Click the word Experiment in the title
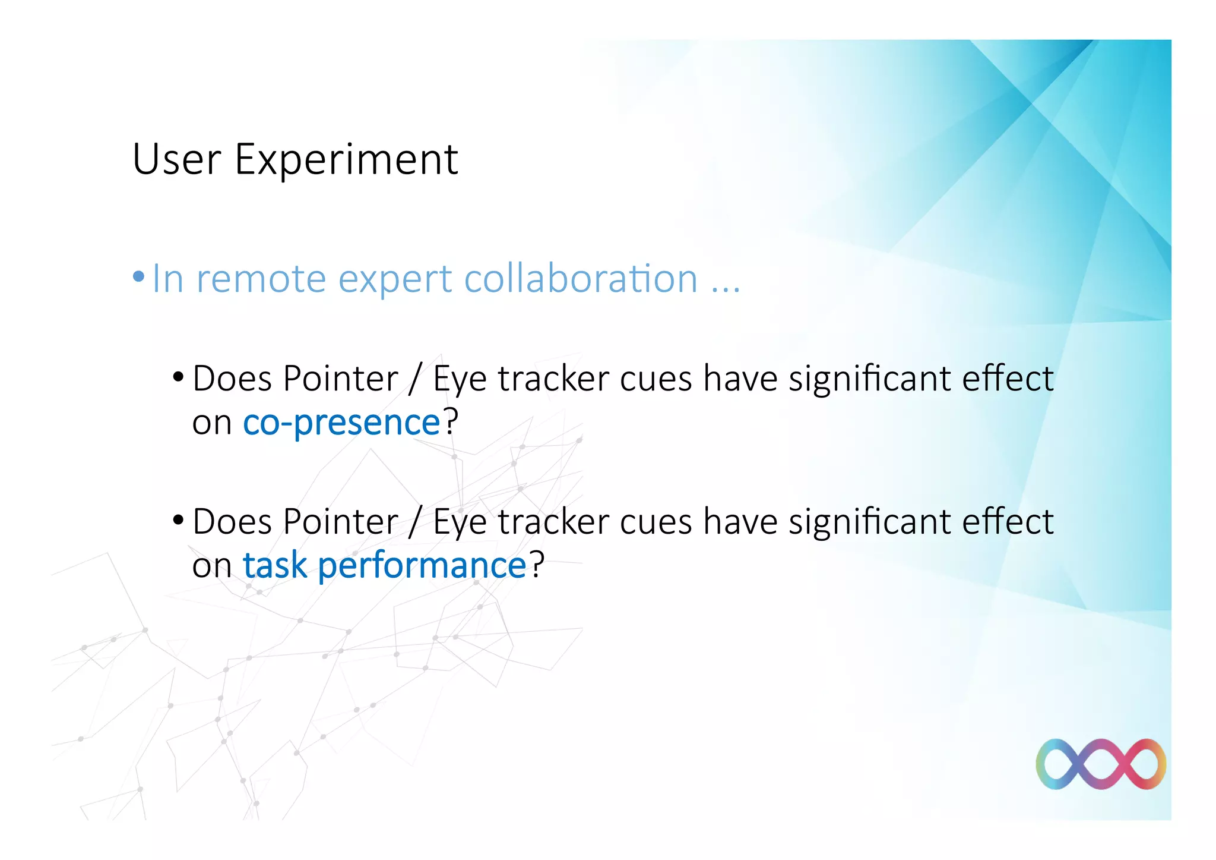tap(346, 160)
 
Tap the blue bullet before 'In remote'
tap(138, 276)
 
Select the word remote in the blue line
tap(261, 279)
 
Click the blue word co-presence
tap(341, 423)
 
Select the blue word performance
tap(422, 566)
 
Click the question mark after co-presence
tap(451, 421)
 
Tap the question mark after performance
tap(537, 565)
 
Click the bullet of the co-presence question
tap(178, 377)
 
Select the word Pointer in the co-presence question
tap(340, 379)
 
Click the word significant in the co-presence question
tap(869, 380)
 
